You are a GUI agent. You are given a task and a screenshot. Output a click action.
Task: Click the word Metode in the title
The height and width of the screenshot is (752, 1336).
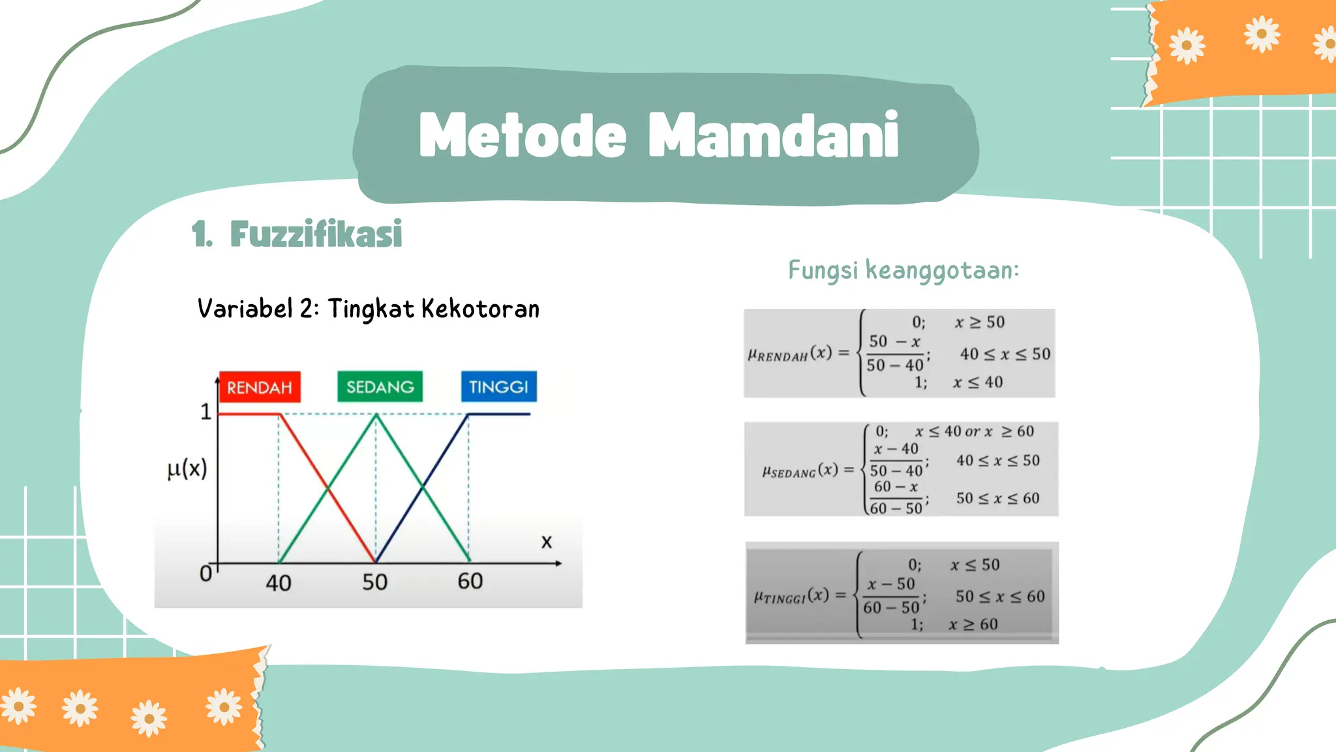pos(523,135)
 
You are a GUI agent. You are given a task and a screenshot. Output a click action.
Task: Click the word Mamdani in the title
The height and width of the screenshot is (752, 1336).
pos(774,135)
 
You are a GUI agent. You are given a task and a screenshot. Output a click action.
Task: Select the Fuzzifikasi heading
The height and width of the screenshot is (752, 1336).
pos(316,234)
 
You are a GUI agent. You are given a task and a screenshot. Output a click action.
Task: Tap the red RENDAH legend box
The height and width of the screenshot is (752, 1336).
pos(260,387)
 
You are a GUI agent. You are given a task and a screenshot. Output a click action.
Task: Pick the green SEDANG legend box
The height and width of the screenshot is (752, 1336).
pos(380,386)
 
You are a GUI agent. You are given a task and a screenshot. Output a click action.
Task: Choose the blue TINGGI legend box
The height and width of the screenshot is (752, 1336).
pos(498,386)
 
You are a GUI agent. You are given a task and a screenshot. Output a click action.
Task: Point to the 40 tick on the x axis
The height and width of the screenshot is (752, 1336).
pos(279,582)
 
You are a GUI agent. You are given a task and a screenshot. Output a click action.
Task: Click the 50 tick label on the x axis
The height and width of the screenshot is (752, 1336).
pos(375,582)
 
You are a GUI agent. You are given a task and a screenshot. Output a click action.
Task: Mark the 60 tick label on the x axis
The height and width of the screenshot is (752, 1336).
pos(470,581)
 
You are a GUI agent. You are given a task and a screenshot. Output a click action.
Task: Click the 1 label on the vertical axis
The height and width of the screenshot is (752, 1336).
pos(205,412)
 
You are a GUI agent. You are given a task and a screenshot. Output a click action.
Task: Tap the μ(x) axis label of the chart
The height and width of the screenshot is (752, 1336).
pos(187,469)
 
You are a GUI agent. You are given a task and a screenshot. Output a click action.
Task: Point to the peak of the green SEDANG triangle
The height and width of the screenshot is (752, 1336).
pos(376,415)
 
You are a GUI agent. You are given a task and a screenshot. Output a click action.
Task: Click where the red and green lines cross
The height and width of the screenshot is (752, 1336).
pos(327,488)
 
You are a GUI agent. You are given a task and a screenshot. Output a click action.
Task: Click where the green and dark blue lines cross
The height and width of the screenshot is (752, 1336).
pos(423,487)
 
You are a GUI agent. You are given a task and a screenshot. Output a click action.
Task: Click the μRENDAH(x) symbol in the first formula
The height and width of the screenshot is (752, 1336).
pos(789,354)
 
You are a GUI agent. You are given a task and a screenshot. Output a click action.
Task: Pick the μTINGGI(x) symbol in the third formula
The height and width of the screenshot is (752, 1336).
pos(791,596)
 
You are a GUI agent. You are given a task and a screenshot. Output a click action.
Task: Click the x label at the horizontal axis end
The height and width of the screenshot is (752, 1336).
pos(547,542)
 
